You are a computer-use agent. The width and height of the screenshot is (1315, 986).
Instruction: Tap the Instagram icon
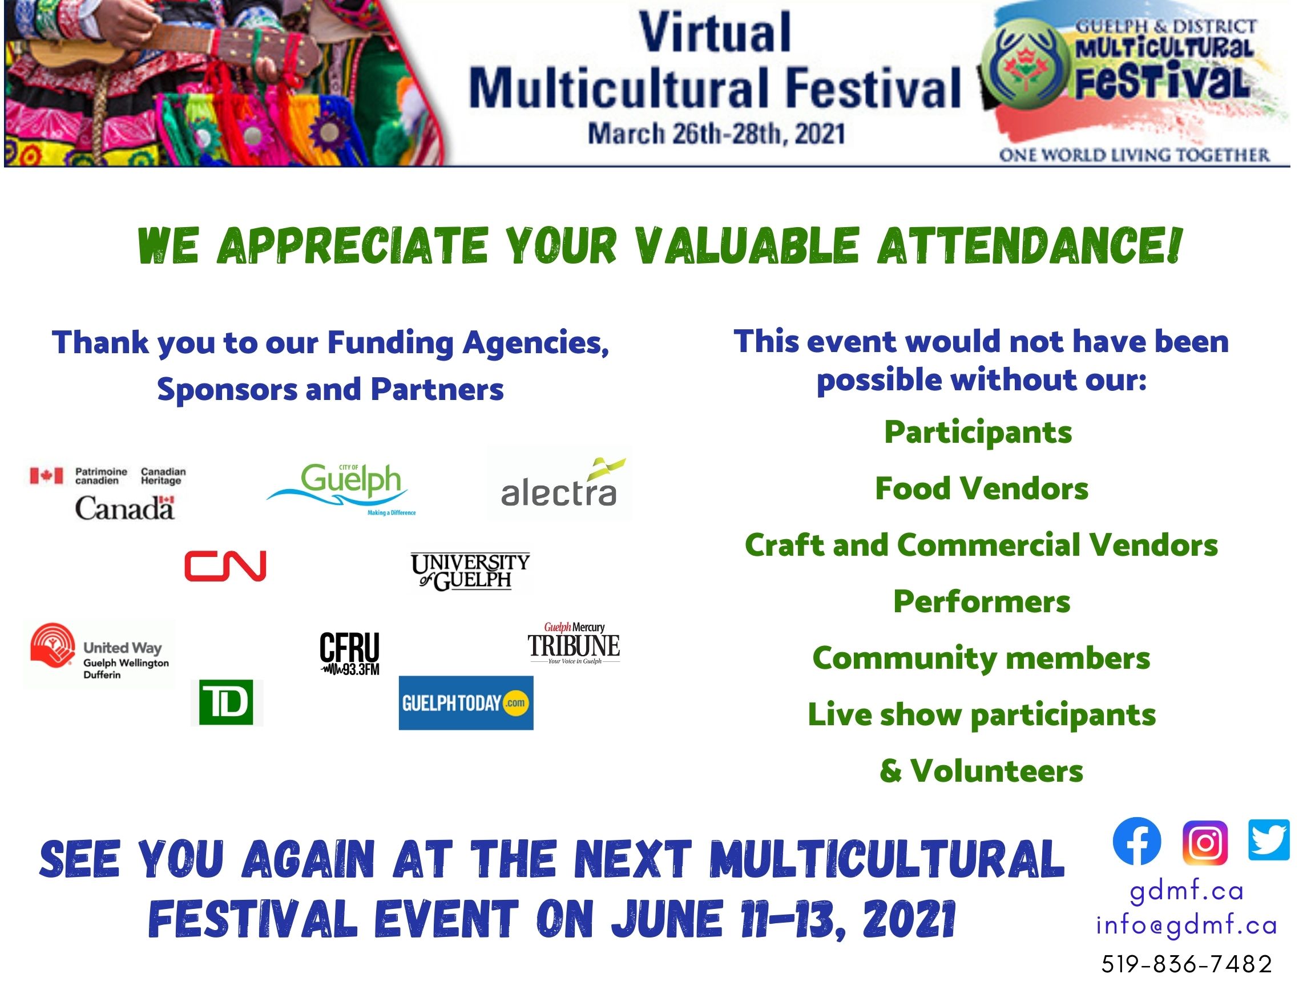(x=1205, y=842)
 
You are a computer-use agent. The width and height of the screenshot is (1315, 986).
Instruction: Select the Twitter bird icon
(x=1269, y=840)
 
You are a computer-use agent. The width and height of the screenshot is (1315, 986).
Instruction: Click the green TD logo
(x=226, y=702)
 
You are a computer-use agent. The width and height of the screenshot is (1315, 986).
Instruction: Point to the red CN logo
(x=225, y=565)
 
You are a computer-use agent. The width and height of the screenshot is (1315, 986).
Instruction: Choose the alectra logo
(x=559, y=483)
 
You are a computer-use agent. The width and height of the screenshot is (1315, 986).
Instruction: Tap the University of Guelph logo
(x=470, y=572)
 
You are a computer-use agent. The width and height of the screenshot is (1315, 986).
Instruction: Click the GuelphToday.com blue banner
(x=466, y=703)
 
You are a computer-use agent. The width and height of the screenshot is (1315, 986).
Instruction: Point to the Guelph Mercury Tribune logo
(x=574, y=643)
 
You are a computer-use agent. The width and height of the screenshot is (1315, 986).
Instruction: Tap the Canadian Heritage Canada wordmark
(x=125, y=508)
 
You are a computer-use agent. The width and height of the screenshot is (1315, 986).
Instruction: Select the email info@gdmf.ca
(x=1187, y=926)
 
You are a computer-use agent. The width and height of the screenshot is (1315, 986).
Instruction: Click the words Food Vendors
(x=982, y=488)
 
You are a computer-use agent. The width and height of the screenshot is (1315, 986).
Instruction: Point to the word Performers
(x=982, y=601)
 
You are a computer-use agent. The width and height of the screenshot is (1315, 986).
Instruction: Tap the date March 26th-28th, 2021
(x=716, y=134)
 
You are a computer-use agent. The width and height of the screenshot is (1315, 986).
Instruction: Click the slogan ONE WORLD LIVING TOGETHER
(x=1134, y=155)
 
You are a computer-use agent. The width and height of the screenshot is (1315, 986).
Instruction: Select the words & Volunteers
(x=982, y=771)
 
